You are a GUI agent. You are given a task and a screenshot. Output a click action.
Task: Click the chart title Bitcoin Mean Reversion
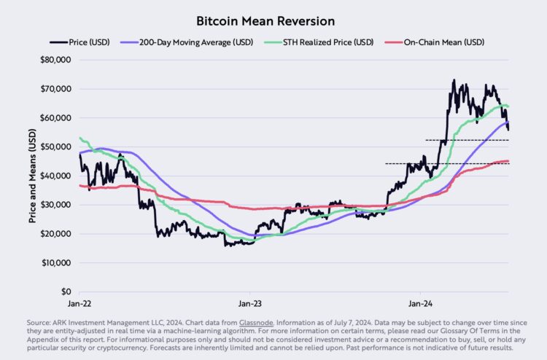click(x=273, y=20)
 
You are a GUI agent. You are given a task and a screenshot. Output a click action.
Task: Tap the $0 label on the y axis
click(x=64, y=291)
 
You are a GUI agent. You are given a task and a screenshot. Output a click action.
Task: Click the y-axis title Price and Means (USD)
click(x=32, y=175)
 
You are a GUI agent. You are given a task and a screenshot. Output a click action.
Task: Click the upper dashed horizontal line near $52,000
click(x=467, y=140)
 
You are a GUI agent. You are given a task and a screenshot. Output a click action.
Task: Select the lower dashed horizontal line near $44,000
click(x=445, y=163)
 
